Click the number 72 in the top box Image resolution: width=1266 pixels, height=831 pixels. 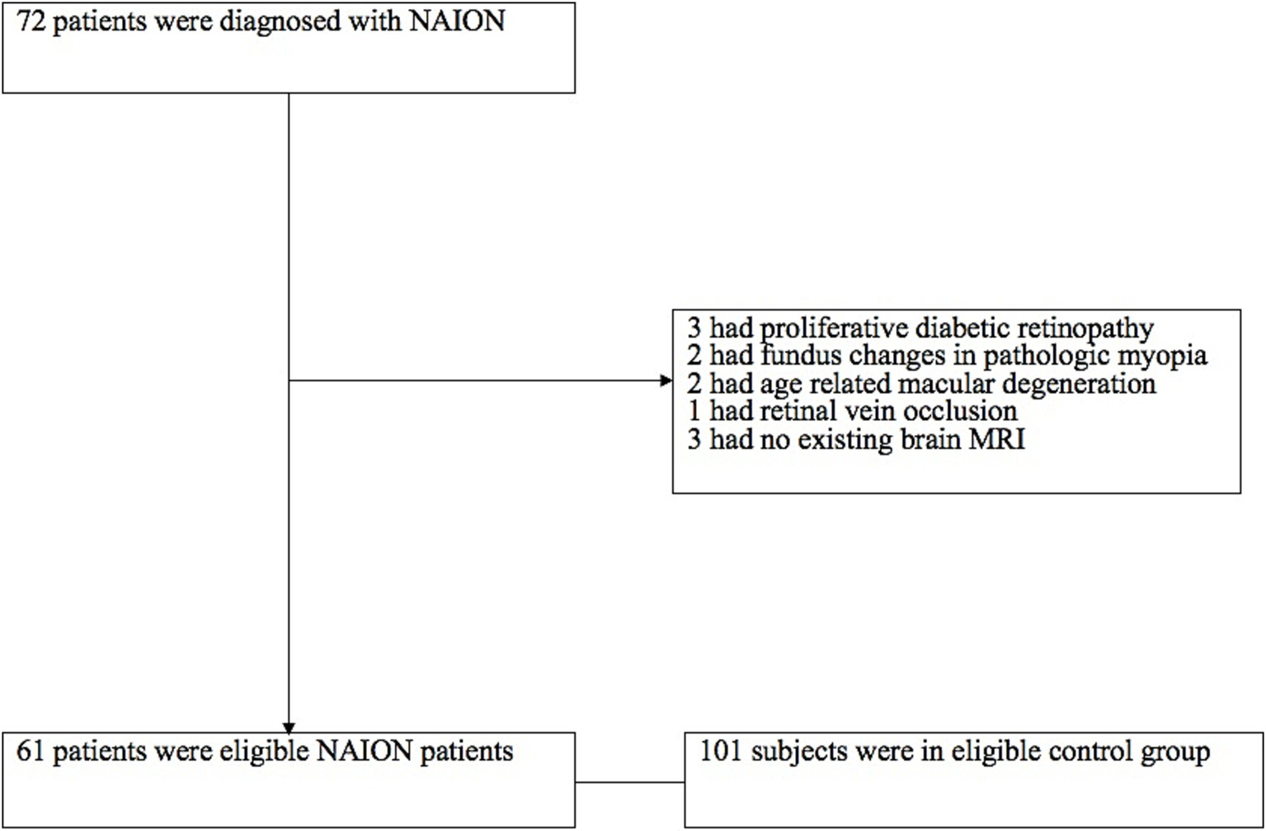[x=31, y=21]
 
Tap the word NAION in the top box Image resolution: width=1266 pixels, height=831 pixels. [x=457, y=21]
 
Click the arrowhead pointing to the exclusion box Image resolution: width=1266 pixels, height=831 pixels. [x=666, y=380]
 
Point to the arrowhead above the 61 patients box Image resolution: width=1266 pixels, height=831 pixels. [x=289, y=727]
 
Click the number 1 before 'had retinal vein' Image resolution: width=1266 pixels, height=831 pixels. [x=694, y=411]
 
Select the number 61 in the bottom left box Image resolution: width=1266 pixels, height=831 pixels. [x=31, y=751]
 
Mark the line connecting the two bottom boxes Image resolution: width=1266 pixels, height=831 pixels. [x=629, y=782]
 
